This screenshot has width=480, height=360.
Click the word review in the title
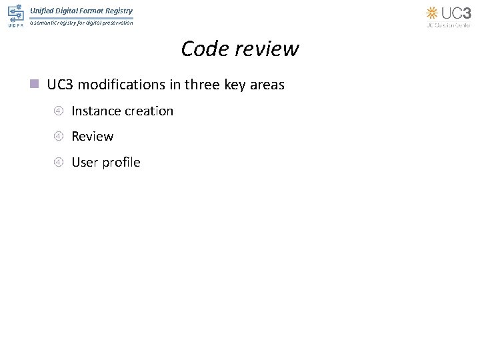(x=265, y=49)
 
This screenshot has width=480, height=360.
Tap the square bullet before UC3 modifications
(x=35, y=85)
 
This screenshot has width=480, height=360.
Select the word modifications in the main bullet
(x=123, y=85)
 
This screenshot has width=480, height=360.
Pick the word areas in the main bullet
(x=269, y=85)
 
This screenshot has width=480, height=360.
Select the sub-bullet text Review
(x=93, y=136)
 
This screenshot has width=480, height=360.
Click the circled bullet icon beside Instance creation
(x=59, y=111)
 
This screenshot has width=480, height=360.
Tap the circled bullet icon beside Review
(x=59, y=136)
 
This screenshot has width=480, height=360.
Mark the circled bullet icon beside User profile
(x=59, y=162)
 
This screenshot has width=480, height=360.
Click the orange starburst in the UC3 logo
(x=432, y=13)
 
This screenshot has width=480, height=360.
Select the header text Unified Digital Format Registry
(x=81, y=11)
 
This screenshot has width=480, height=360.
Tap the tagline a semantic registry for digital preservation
(x=81, y=23)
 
